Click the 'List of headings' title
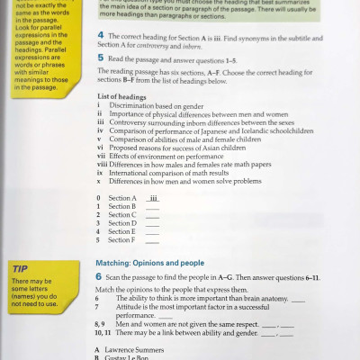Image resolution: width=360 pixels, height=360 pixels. point(121,121)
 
